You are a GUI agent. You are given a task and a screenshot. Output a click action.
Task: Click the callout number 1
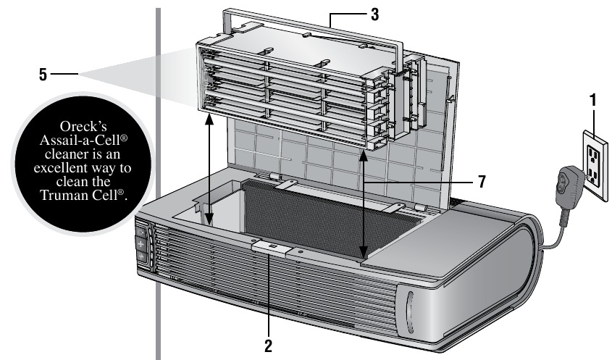pyautogui.click(x=593, y=101)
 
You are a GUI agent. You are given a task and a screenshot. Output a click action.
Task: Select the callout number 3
pyautogui.click(x=374, y=14)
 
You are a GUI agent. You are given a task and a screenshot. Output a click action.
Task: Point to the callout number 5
pyautogui.click(x=45, y=72)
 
